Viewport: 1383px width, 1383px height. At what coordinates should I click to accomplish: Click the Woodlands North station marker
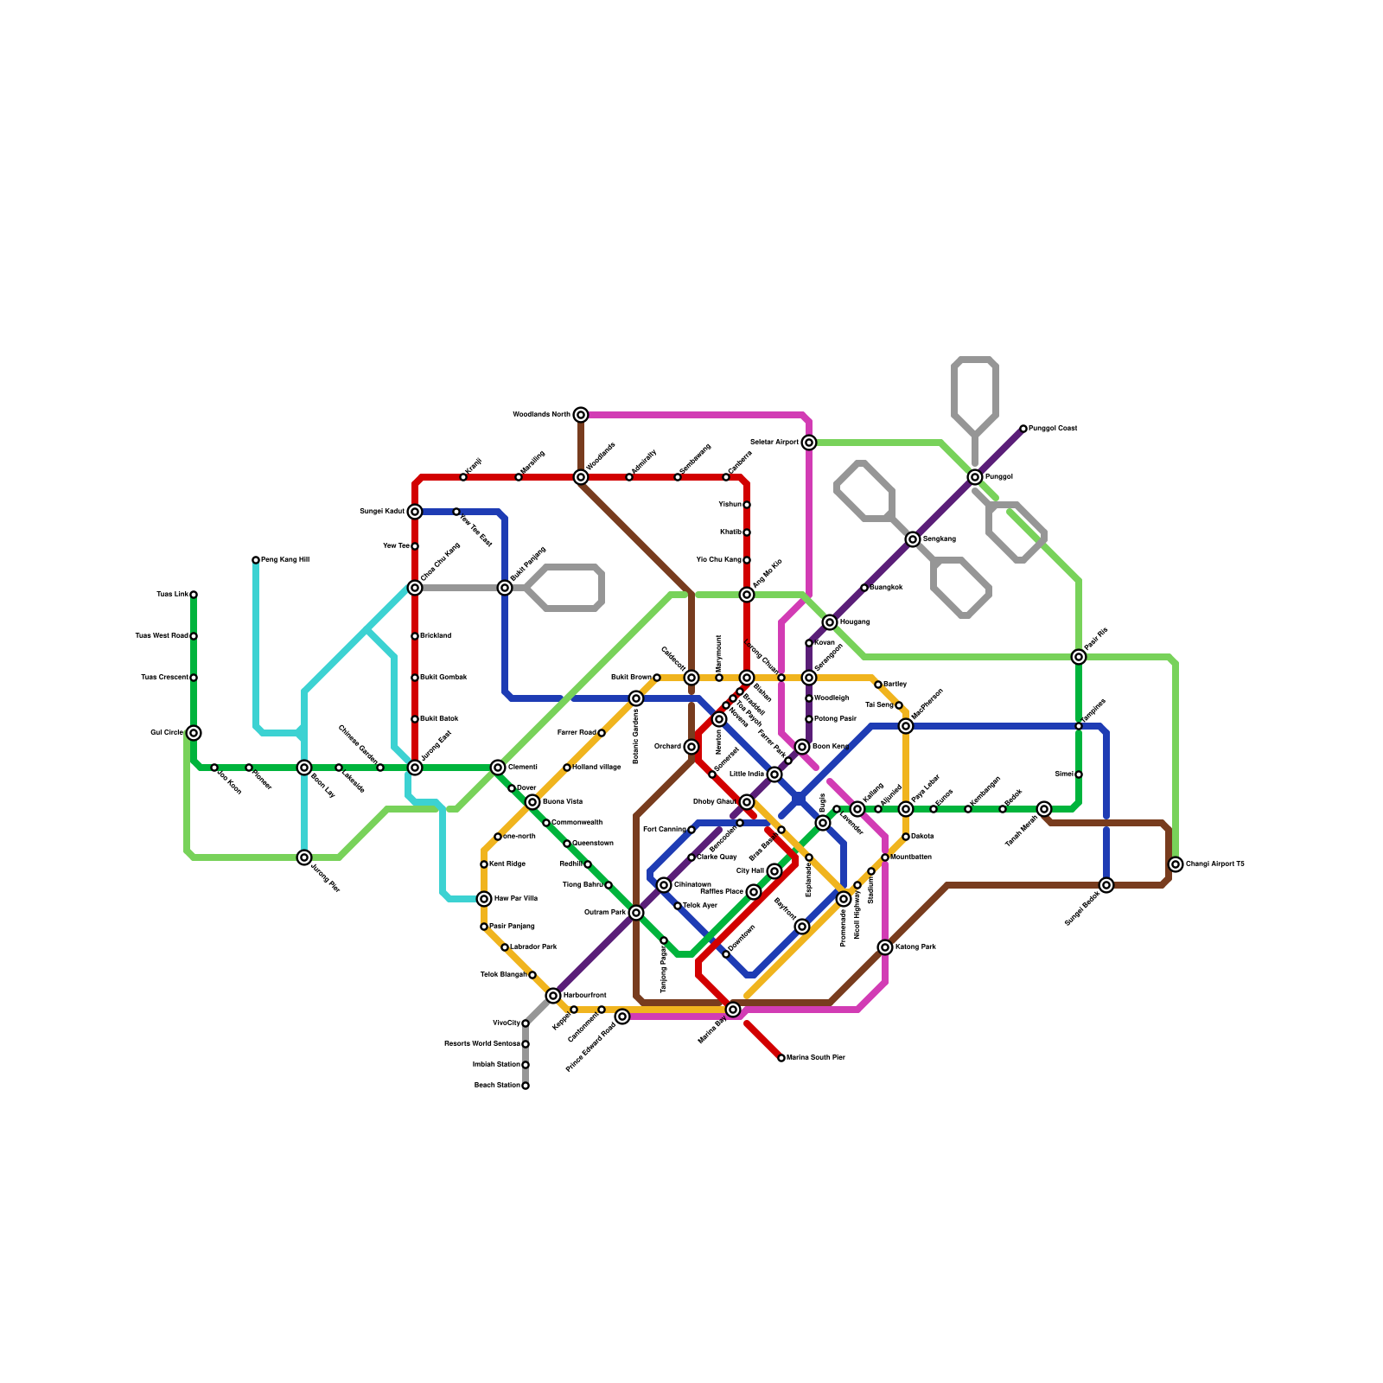pyautogui.click(x=581, y=415)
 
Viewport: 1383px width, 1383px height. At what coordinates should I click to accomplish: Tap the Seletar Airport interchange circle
pyautogui.click(x=809, y=443)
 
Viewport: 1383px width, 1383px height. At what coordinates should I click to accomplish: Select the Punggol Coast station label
pyautogui.click(x=1053, y=429)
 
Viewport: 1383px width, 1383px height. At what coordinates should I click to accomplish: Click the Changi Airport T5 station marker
pyautogui.click(x=1176, y=864)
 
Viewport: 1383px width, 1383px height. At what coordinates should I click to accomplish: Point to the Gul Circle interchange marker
pyautogui.click(x=194, y=733)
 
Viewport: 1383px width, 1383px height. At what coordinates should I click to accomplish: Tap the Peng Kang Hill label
pyautogui.click(x=285, y=560)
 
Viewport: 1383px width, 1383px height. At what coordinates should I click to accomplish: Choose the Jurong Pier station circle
pyautogui.click(x=304, y=857)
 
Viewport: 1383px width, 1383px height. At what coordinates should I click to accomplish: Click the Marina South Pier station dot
pyautogui.click(x=781, y=1058)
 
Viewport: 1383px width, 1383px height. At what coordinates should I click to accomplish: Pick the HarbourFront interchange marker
pyautogui.click(x=553, y=996)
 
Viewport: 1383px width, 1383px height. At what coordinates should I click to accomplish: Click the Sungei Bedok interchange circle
pyautogui.click(x=1106, y=885)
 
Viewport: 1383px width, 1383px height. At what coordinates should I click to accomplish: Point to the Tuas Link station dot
pyautogui.click(x=194, y=595)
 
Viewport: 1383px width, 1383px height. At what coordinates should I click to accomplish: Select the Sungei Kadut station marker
pyautogui.click(x=415, y=512)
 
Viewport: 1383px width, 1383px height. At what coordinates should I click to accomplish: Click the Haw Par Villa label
pyautogui.click(x=516, y=899)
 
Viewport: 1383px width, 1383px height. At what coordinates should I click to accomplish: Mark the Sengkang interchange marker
pyautogui.click(x=913, y=539)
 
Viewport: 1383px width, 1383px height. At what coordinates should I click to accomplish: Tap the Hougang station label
pyautogui.click(x=855, y=622)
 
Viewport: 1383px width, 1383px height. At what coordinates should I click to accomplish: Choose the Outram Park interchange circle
pyautogui.click(x=636, y=913)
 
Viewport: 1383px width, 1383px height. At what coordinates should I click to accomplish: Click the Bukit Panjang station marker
pyautogui.click(x=505, y=588)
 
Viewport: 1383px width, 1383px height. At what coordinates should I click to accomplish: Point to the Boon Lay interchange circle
pyautogui.click(x=304, y=768)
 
